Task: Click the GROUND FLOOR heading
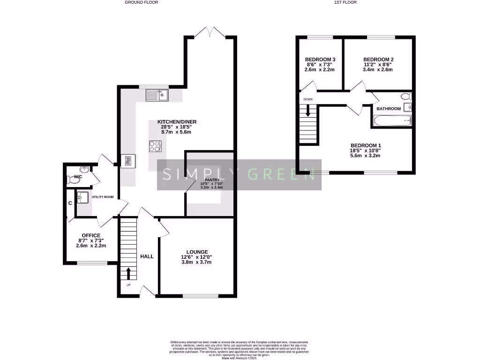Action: [141, 2]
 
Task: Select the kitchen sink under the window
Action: [157, 96]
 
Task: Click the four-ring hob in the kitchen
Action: [155, 146]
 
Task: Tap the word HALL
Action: [147, 256]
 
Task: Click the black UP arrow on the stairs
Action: [129, 272]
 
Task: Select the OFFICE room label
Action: [91, 235]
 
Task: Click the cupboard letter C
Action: [70, 203]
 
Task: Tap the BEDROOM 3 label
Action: [320, 59]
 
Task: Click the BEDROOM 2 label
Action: [378, 59]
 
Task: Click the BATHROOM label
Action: [389, 109]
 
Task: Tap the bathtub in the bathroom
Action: [392, 121]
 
